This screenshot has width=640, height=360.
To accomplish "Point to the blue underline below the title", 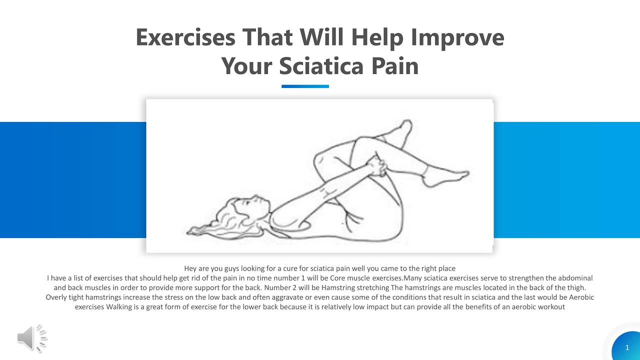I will tap(305, 86).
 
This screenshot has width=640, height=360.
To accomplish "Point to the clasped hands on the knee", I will tap(376, 166).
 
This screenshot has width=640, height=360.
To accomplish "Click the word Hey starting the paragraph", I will tap(190, 268).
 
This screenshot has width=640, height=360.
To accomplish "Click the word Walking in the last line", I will tap(119, 306).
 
